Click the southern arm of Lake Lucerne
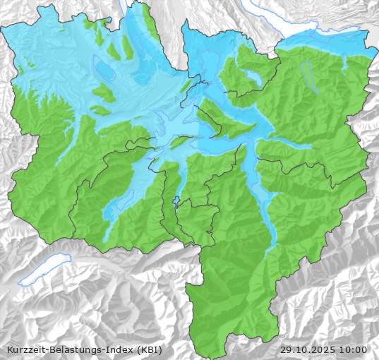tap(251, 169)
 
